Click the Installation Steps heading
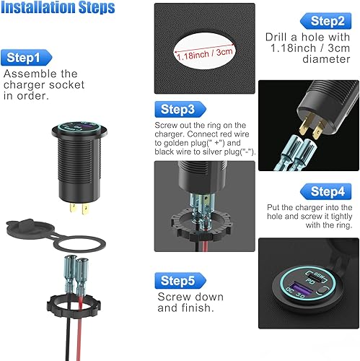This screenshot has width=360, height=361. click(57, 9)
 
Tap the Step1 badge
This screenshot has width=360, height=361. click(29, 57)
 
